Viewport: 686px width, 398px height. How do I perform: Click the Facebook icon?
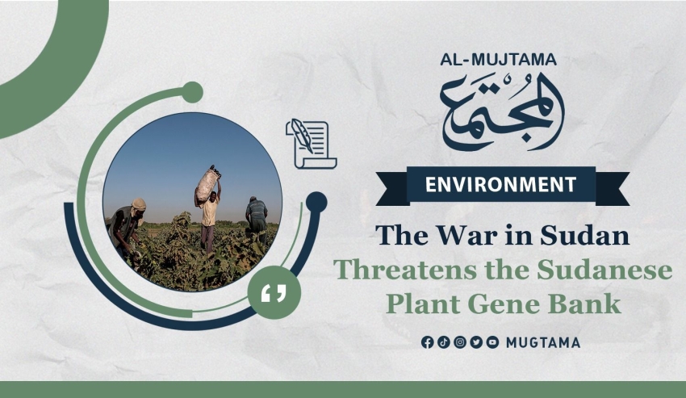(428, 342)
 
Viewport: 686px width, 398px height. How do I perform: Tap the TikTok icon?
(444, 342)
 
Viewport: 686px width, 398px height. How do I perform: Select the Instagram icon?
(460, 342)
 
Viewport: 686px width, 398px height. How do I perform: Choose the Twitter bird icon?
(476, 342)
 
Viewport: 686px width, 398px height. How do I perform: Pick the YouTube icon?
(492, 342)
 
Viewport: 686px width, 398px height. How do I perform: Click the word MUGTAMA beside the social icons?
(543, 343)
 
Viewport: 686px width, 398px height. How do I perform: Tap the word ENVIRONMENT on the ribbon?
(501, 184)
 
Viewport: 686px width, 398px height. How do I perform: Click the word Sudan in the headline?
(584, 235)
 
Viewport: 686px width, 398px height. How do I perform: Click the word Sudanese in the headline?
(604, 270)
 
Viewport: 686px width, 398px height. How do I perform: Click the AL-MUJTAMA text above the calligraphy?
(498, 60)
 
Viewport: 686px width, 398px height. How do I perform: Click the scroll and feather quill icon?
(311, 144)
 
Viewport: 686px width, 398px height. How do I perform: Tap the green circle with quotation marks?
(274, 292)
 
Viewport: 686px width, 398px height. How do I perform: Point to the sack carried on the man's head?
(207, 184)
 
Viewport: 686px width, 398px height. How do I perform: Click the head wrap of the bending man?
(139, 204)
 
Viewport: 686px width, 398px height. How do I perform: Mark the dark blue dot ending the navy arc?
(316, 203)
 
